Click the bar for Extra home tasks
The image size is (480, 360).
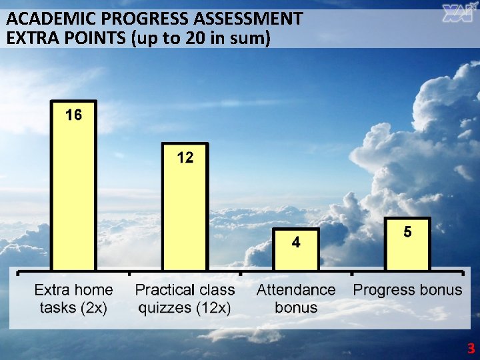[74, 193]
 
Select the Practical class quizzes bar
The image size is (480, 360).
[185, 213]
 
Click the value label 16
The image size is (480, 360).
[74, 115]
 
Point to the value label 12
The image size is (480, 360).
[185, 158]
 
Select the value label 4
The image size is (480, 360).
[296, 243]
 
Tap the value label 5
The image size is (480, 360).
[407, 233]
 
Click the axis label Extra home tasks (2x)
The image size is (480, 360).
[74, 299]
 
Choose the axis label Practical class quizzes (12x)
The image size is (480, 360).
[185, 299]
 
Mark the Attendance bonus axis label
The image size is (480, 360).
[296, 299]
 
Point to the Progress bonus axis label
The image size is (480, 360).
[407, 290]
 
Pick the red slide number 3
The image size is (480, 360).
[471, 349]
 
